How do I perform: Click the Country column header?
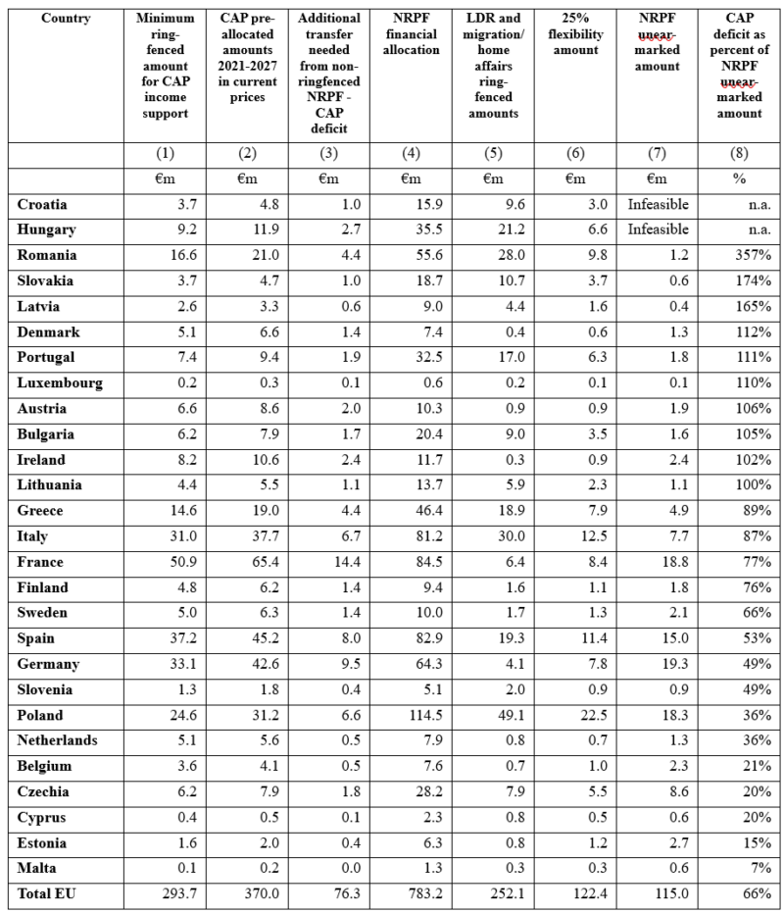pyautogui.click(x=66, y=18)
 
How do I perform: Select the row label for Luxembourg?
pyautogui.click(x=60, y=382)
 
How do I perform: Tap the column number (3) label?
pyautogui.click(x=328, y=154)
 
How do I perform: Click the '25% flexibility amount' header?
pyautogui.click(x=574, y=33)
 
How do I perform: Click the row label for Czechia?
pyautogui.click(x=46, y=792)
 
